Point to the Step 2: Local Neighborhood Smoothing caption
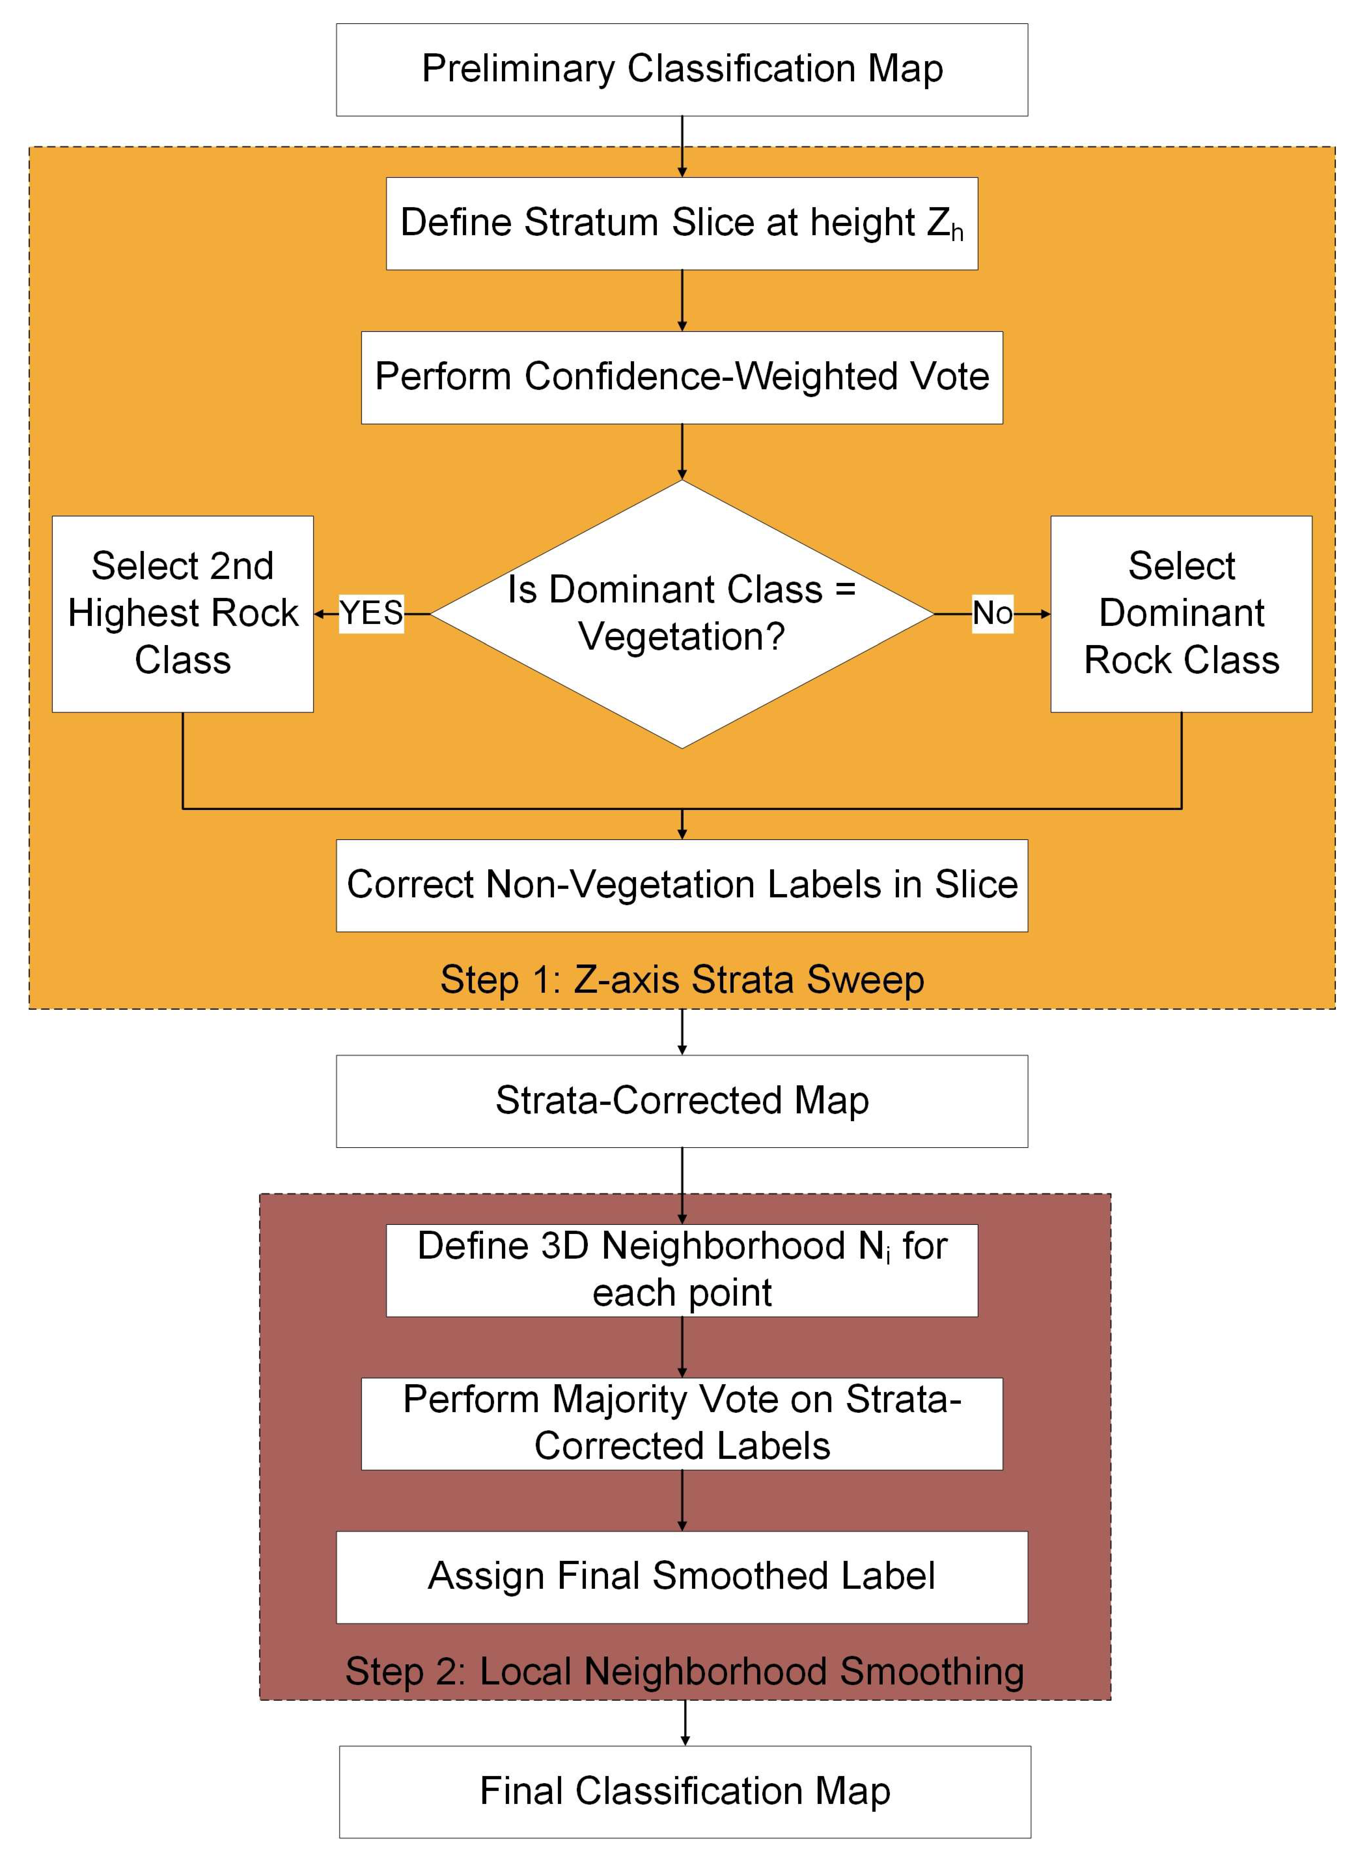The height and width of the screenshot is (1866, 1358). coord(684,1671)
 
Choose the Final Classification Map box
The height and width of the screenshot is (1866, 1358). coord(684,1791)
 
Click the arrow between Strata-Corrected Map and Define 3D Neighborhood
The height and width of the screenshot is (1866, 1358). coord(682,1185)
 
